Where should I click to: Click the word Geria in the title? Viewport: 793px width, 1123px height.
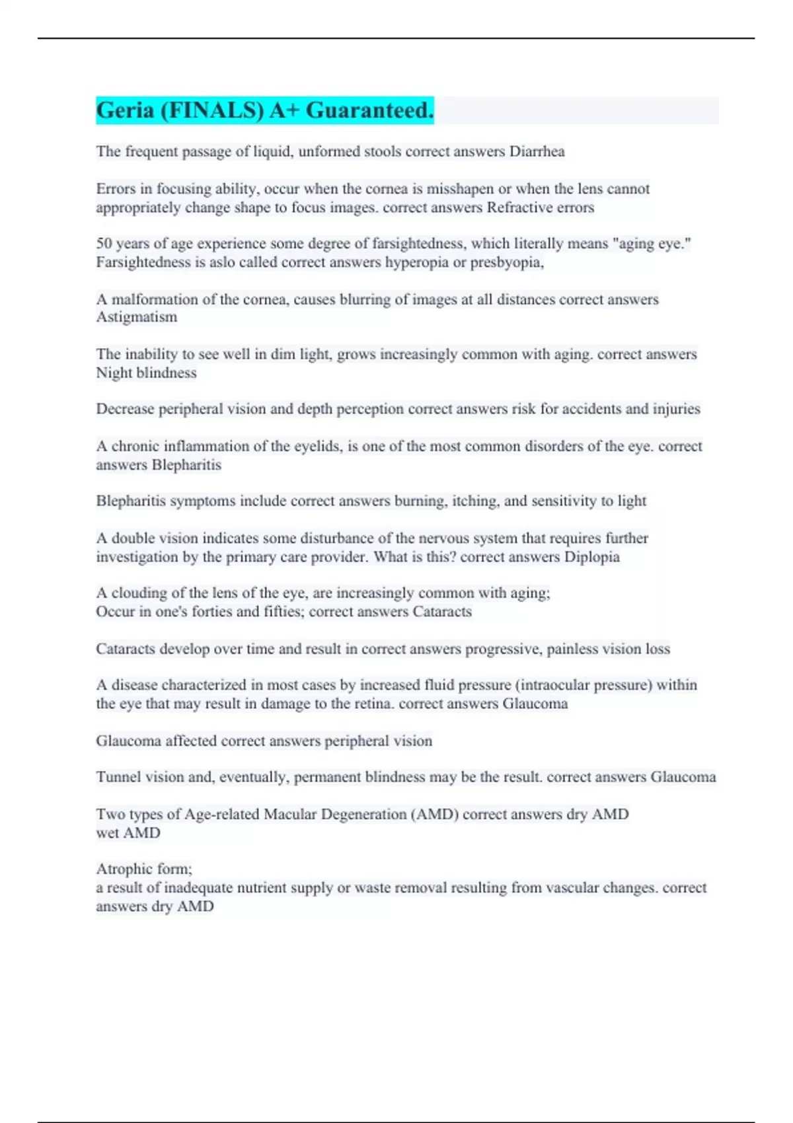tap(125, 110)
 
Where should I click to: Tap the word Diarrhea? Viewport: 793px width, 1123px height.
tap(537, 152)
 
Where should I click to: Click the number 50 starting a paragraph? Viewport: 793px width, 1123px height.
tap(104, 244)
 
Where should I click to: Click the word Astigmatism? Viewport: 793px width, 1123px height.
tap(137, 317)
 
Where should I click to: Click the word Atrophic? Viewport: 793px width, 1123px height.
tap(122, 869)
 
